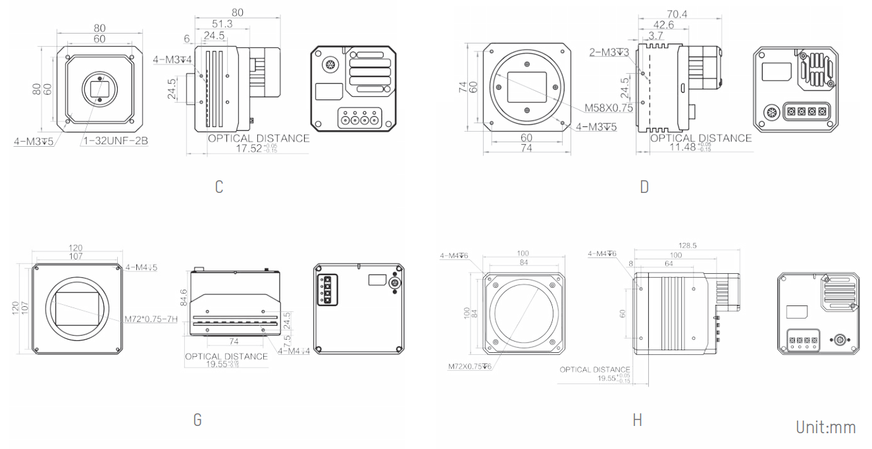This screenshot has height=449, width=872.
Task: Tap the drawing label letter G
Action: tap(197, 419)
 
